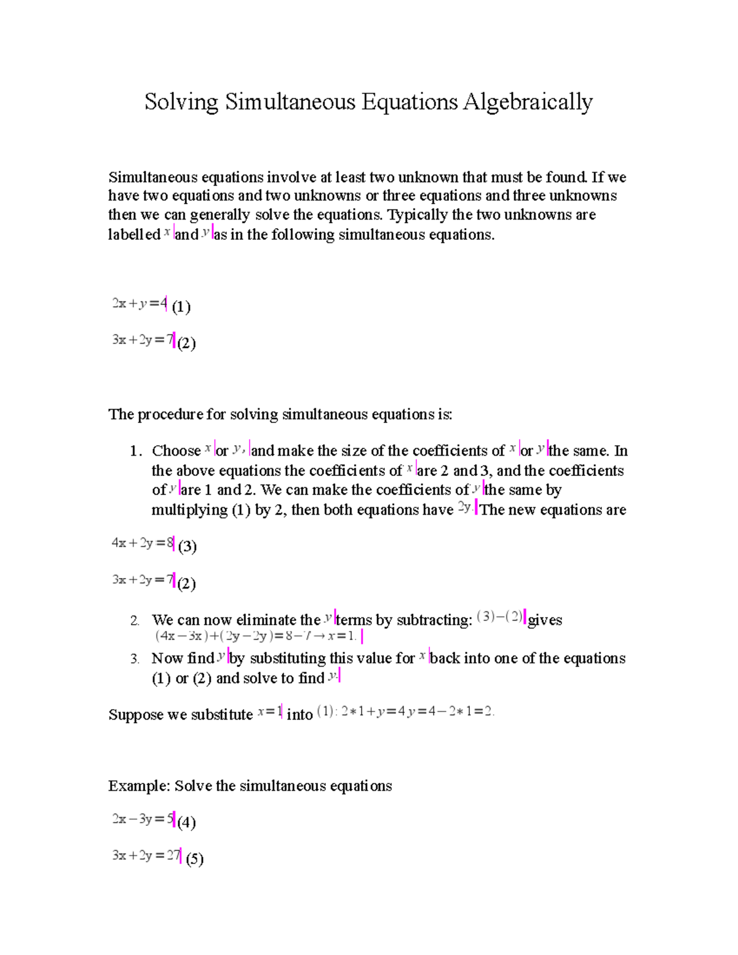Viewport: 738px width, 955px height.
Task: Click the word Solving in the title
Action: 181,102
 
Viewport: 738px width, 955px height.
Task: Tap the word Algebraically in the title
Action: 528,102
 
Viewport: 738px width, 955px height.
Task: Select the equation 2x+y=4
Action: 139,303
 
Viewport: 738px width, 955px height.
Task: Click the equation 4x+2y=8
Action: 142,543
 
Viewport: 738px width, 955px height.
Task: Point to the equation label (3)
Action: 187,546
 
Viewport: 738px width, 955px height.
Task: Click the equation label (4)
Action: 186,822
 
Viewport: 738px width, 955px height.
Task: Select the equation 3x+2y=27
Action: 146,855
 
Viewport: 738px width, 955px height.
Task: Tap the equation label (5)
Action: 194,858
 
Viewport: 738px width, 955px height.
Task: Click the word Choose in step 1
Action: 176,451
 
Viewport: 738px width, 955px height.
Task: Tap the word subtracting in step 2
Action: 434,620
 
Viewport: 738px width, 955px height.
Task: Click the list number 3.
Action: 135,659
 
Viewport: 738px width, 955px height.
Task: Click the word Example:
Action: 139,786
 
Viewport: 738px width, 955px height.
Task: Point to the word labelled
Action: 134,234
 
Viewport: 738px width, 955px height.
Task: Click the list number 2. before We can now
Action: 135,620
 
